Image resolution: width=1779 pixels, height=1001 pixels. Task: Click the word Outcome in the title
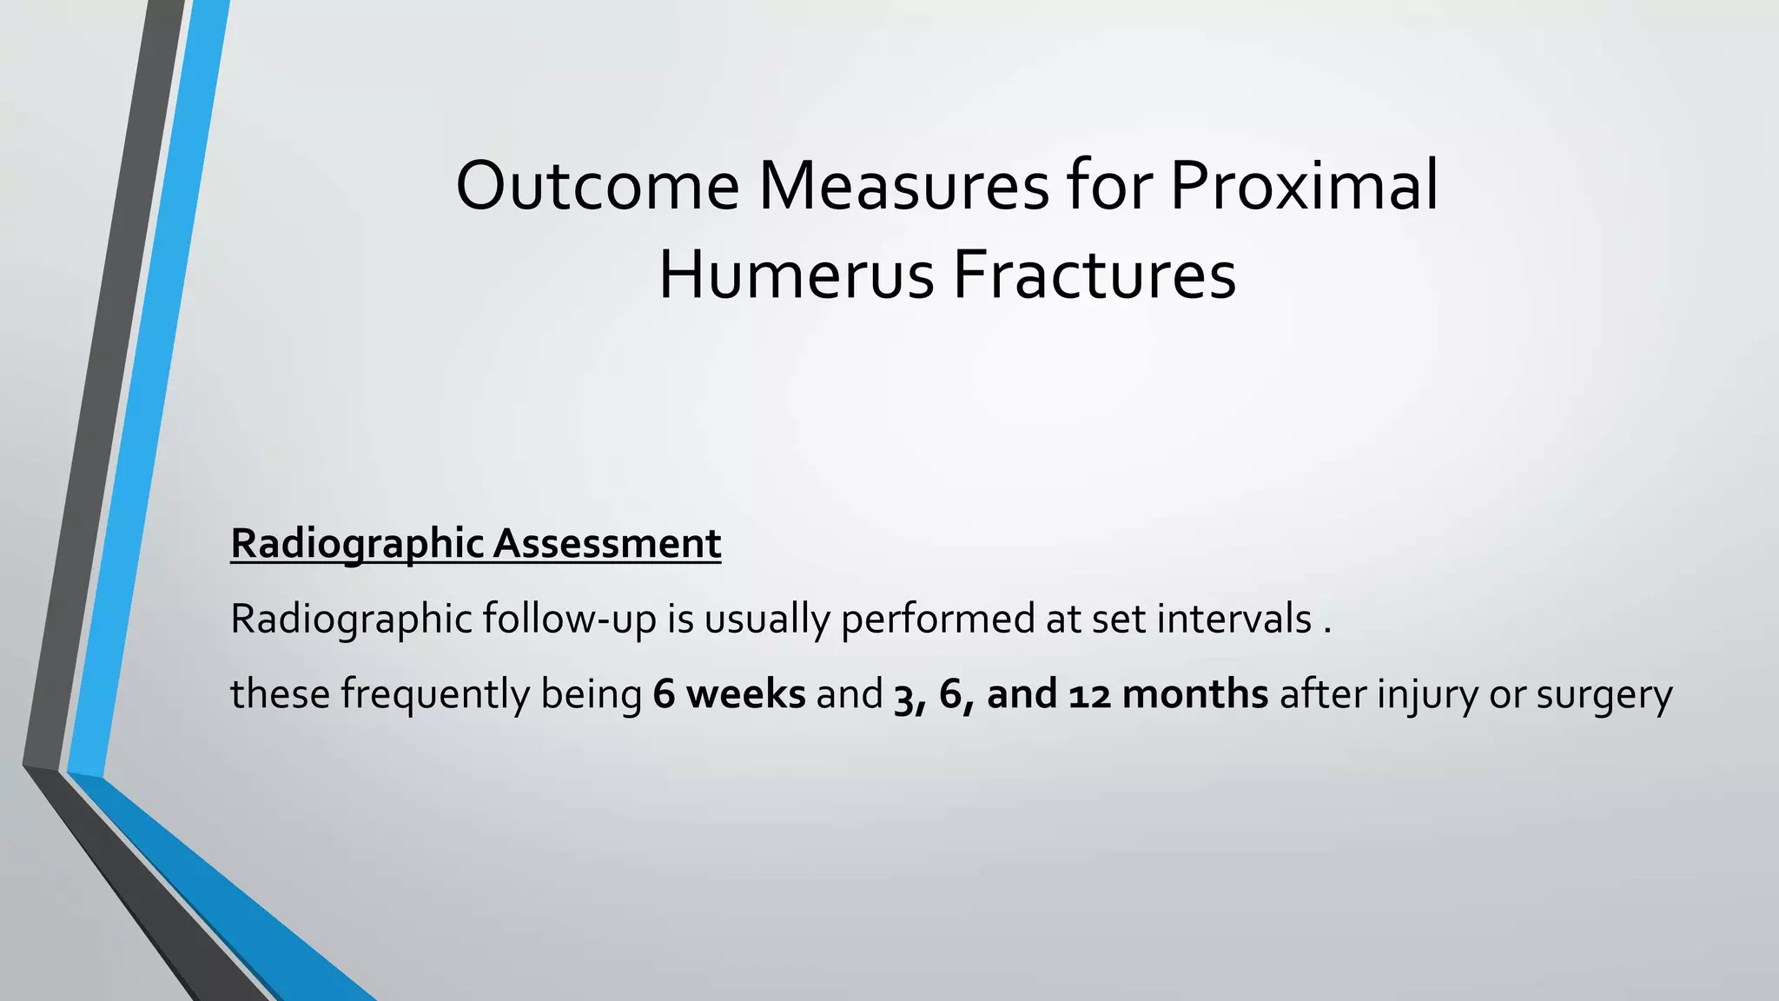pos(598,187)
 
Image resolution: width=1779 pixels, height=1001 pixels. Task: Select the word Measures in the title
pos(903,187)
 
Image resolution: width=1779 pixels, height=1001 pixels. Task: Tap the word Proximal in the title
pos(1304,187)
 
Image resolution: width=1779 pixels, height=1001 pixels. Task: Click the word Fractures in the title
pos(1095,276)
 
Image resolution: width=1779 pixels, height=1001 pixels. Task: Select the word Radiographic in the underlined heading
pos(356,545)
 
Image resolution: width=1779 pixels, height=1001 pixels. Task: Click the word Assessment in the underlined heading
pos(607,545)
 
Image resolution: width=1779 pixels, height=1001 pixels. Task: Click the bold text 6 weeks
pos(729,694)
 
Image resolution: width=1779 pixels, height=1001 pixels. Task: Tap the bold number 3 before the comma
pos(903,696)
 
